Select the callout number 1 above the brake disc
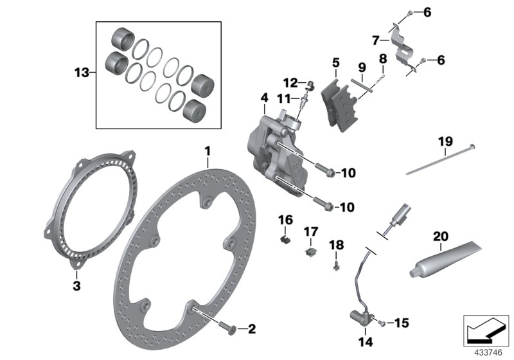[x=208, y=151]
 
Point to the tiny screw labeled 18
[x=337, y=264]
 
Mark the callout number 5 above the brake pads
[x=336, y=63]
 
